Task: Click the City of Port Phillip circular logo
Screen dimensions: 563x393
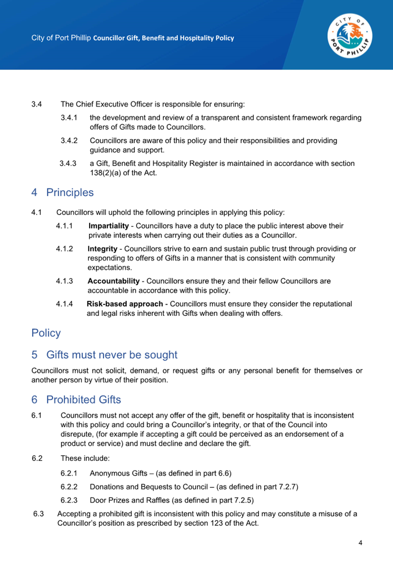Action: [350, 36]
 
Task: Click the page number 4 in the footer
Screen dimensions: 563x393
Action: [360, 543]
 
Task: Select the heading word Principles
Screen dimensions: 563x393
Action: [70, 192]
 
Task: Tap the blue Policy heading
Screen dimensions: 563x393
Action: [46, 333]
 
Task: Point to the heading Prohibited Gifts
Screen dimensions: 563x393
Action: [83, 400]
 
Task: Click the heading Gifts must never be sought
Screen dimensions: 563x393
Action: [112, 355]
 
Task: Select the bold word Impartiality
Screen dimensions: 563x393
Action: [109, 226]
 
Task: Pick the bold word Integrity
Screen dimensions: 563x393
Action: [102, 249]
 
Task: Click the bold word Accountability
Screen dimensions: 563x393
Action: [113, 281]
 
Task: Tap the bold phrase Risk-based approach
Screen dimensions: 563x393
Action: [125, 304]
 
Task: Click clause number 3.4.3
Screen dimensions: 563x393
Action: [68, 164]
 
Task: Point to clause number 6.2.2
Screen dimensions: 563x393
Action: [69, 487]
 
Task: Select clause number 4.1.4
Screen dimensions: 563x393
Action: [64, 304]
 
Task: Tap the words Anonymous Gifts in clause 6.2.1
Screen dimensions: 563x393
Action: [118, 473]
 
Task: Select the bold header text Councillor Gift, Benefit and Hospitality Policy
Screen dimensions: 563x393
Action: [164, 38]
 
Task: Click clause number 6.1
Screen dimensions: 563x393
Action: [37, 415]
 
